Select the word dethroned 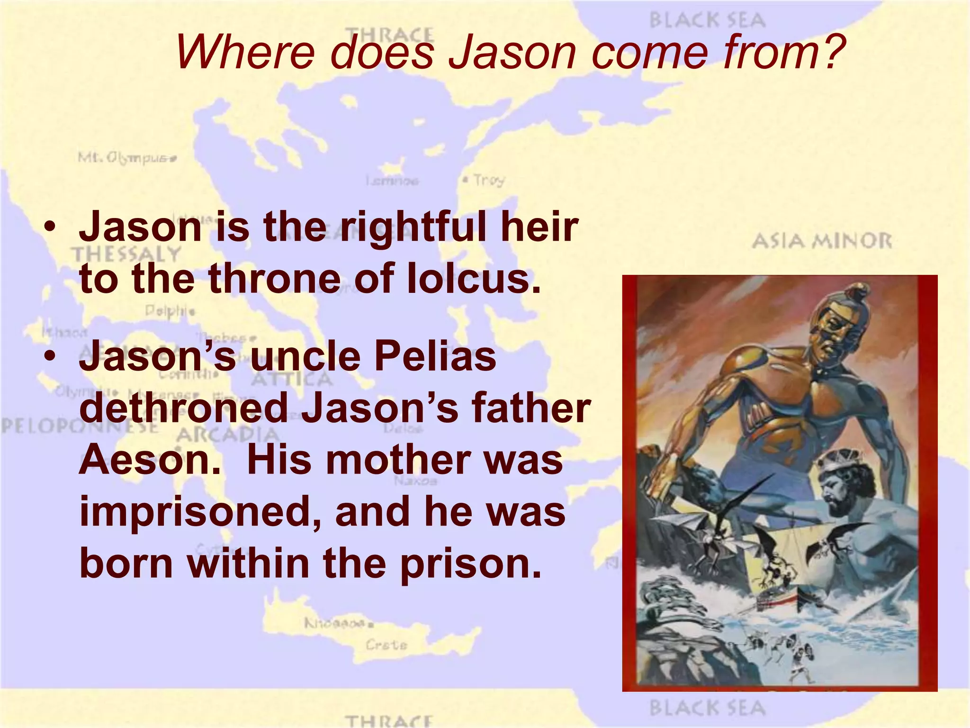pos(184,408)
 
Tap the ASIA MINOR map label pos(821,241)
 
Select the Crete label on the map pos(386,645)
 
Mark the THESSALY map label pos(126,255)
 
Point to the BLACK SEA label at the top pos(707,20)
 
